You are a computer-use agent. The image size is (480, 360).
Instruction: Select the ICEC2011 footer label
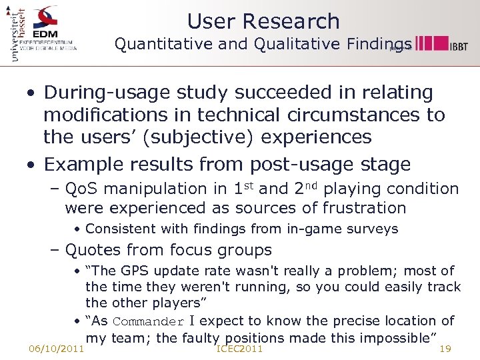240,349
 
